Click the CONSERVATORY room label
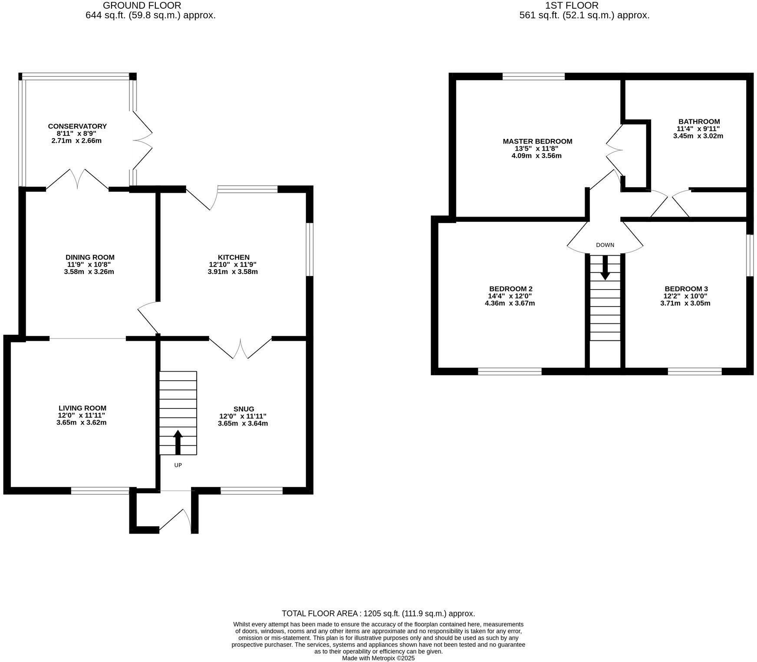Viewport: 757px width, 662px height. pos(77,126)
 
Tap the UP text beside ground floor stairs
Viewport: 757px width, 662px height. pos(178,465)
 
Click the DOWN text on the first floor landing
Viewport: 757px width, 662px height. pos(605,245)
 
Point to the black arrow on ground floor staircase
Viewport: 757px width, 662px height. pos(178,442)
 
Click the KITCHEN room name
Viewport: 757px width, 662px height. pos(234,257)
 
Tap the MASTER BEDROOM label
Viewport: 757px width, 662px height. pos(537,142)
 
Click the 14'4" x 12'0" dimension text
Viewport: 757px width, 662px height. pos(510,296)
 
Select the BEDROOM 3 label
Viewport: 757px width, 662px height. pos(686,289)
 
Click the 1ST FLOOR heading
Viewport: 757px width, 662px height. pos(572,6)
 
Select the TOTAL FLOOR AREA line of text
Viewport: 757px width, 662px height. pos(378,613)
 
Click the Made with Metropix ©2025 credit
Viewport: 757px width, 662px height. pos(378,658)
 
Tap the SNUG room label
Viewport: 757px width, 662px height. pos(244,409)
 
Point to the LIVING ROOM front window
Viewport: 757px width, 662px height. pos(100,491)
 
